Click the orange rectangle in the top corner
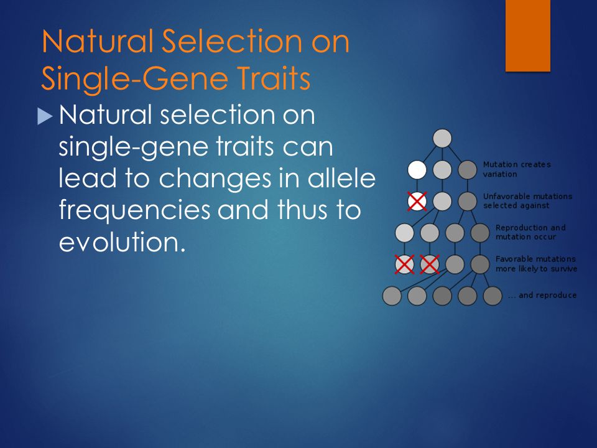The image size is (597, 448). click(528, 35)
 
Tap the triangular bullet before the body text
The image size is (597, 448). click(45, 116)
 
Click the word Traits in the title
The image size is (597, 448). click(271, 78)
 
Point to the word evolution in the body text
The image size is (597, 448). click(122, 242)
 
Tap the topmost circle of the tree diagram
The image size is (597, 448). click(442, 138)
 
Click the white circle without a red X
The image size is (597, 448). click(417, 169)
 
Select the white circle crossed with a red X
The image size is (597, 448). click(417, 201)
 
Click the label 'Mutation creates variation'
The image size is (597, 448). click(517, 169)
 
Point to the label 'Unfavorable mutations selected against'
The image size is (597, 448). click(527, 201)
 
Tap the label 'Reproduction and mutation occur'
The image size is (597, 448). click(530, 232)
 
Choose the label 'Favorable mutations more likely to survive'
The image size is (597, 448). click(536, 264)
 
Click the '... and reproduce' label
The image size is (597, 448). click(542, 295)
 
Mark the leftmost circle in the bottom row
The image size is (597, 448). click(392, 296)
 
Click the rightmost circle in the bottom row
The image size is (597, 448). click(493, 296)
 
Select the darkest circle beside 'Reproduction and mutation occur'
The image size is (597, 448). click(480, 233)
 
